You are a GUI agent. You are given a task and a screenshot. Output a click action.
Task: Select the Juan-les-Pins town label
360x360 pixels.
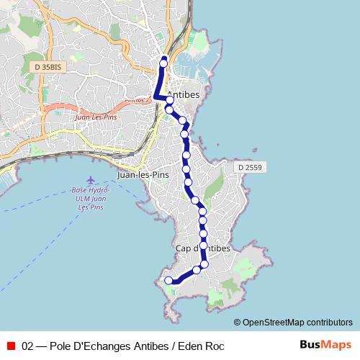(142, 175)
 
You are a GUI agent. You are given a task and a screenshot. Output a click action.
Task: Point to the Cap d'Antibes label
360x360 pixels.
(202, 248)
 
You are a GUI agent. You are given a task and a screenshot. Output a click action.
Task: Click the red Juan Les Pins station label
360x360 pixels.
(95, 115)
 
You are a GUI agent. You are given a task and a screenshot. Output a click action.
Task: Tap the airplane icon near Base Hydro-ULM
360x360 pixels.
(90, 179)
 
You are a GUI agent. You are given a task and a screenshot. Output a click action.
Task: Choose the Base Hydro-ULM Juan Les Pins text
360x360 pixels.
(89, 198)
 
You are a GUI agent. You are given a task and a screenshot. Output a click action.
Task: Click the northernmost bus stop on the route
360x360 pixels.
(163, 63)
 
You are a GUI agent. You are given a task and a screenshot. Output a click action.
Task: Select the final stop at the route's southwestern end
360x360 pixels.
(169, 281)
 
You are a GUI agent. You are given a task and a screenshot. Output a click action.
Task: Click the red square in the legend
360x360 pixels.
(11, 346)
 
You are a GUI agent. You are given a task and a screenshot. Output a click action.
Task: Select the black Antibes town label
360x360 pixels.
(183, 94)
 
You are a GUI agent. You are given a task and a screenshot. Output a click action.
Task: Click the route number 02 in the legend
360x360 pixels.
(28, 346)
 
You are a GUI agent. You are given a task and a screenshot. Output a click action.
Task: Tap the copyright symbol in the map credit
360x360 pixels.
(237, 323)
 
